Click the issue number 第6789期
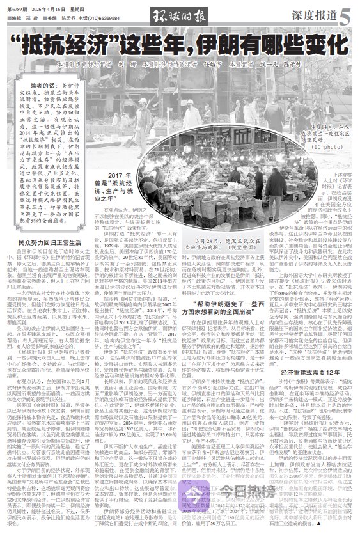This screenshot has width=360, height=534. (x=17, y=7)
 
